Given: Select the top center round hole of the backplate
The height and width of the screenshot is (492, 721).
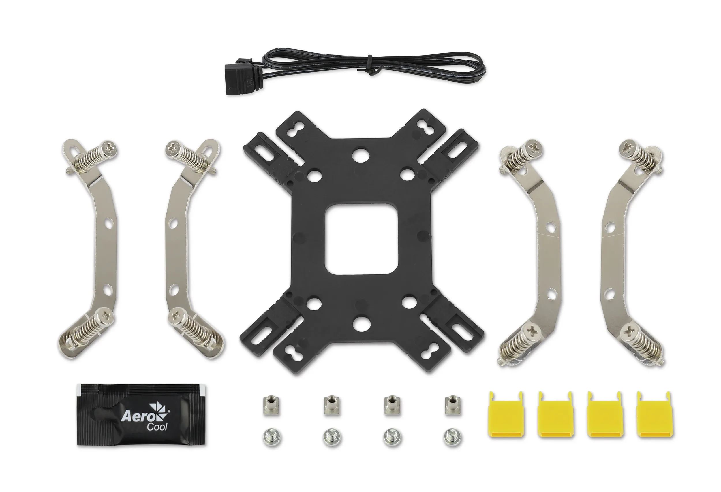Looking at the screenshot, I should pos(360,154).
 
